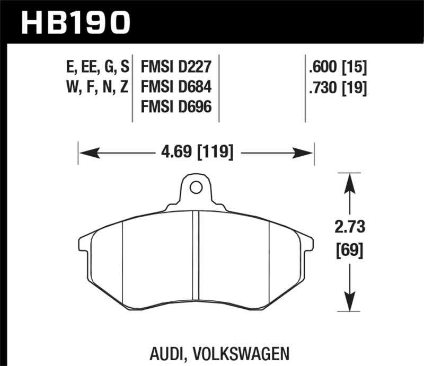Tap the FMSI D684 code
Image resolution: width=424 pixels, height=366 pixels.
[x=176, y=87]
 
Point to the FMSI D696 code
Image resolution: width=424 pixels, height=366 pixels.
[x=176, y=107]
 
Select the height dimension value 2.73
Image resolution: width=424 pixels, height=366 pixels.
[x=349, y=228]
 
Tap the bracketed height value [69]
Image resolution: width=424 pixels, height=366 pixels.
[x=349, y=249]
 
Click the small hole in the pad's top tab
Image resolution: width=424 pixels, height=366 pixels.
[x=196, y=187]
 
